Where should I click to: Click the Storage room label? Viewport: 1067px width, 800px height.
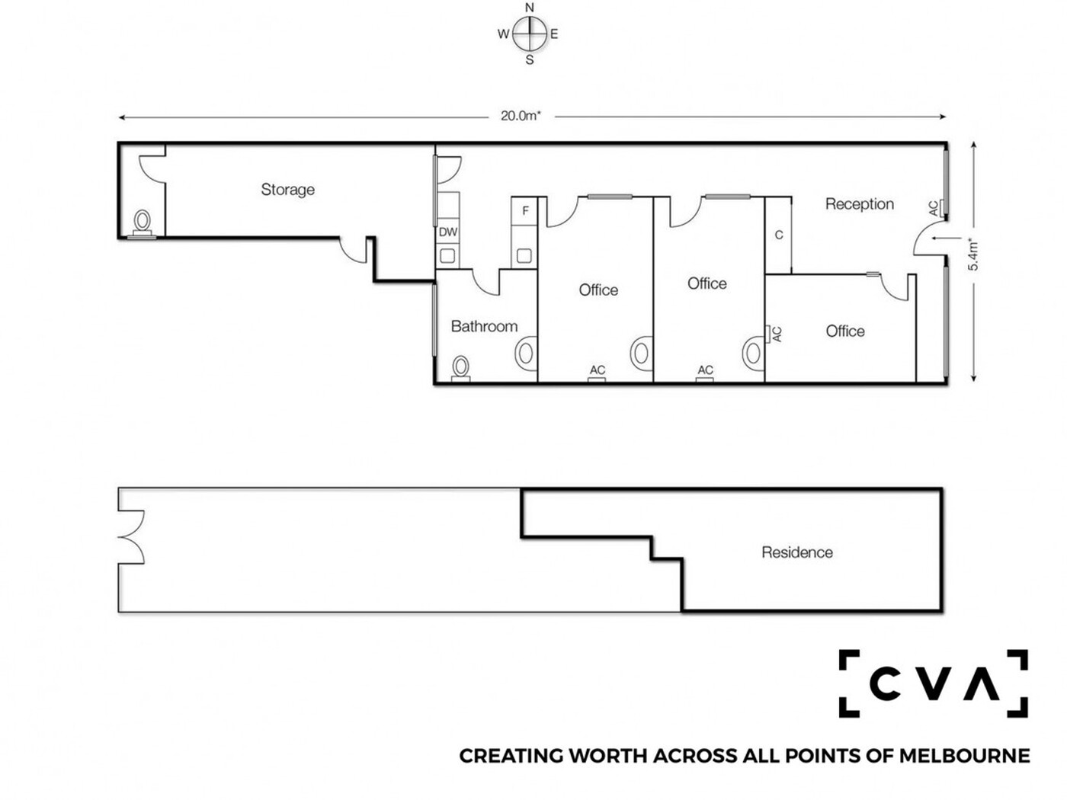pyautogui.click(x=287, y=190)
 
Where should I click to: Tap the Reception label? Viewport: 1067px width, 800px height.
pyautogui.click(x=859, y=204)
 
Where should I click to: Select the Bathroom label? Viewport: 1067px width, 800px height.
pyautogui.click(x=484, y=326)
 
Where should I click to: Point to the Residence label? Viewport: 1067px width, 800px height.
pyautogui.click(x=796, y=552)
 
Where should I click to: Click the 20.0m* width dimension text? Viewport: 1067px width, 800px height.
pyautogui.click(x=521, y=116)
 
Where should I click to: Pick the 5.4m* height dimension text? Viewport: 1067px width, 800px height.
pyautogui.click(x=972, y=254)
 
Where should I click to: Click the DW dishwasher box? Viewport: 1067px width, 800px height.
pyautogui.click(x=447, y=232)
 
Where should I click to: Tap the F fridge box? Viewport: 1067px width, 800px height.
pyautogui.click(x=524, y=211)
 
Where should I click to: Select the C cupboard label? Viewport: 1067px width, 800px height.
pyautogui.click(x=779, y=235)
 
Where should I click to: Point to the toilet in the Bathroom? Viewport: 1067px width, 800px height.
pyautogui.click(x=460, y=369)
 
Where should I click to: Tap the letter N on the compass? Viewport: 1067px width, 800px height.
pyautogui.click(x=530, y=8)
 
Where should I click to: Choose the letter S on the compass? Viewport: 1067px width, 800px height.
pyautogui.click(x=530, y=60)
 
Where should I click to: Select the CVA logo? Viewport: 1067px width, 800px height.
pyautogui.click(x=933, y=683)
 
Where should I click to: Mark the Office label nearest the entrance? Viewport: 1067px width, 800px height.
pyautogui.click(x=845, y=331)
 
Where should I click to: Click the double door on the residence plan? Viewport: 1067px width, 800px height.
pyautogui.click(x=132, y=537)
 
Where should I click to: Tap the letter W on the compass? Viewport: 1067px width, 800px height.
pyautogui.click(x=503, y=34)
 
